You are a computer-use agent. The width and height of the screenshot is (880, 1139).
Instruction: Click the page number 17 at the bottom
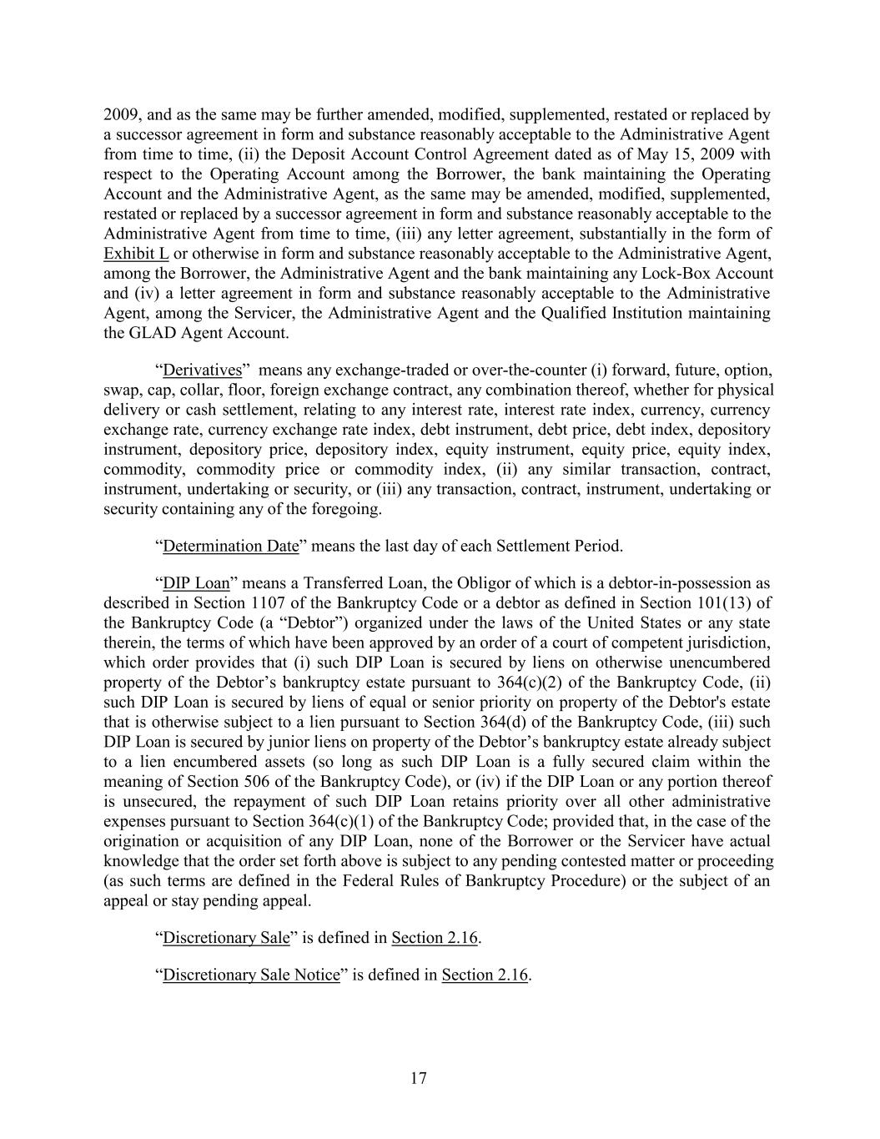419,1079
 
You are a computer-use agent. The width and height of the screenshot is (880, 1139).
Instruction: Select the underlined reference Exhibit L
136,254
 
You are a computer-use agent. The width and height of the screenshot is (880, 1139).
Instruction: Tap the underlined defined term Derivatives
202,370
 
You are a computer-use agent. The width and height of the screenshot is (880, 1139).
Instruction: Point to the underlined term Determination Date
230,547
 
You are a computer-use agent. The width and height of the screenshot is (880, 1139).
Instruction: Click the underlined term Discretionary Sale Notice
251,975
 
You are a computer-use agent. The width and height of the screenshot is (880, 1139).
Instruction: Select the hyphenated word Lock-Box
651,274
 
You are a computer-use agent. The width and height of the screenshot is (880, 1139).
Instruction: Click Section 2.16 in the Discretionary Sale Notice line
485,975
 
